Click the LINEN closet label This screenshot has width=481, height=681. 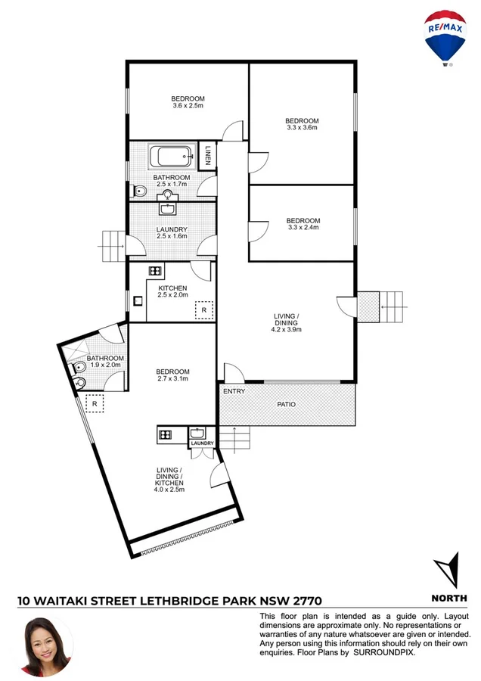(x=208, y=157)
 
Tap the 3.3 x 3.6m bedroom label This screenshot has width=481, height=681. (x=302, y=124)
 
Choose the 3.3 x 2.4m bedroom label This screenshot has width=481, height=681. (x=303, y=224)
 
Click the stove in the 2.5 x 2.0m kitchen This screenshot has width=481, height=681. (x=155, y=271)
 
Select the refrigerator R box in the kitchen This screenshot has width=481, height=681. (x=203, y=310)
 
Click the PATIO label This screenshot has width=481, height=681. (x=286, y=405)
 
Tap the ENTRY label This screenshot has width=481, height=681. (x=234, y=391)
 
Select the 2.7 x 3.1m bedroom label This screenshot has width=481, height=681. (x=172, y=375)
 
